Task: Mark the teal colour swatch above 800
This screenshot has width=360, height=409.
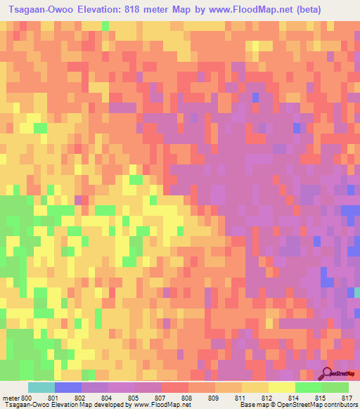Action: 41,387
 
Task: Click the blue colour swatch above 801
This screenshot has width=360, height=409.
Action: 67,387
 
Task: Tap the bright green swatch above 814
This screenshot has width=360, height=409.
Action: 308,387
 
